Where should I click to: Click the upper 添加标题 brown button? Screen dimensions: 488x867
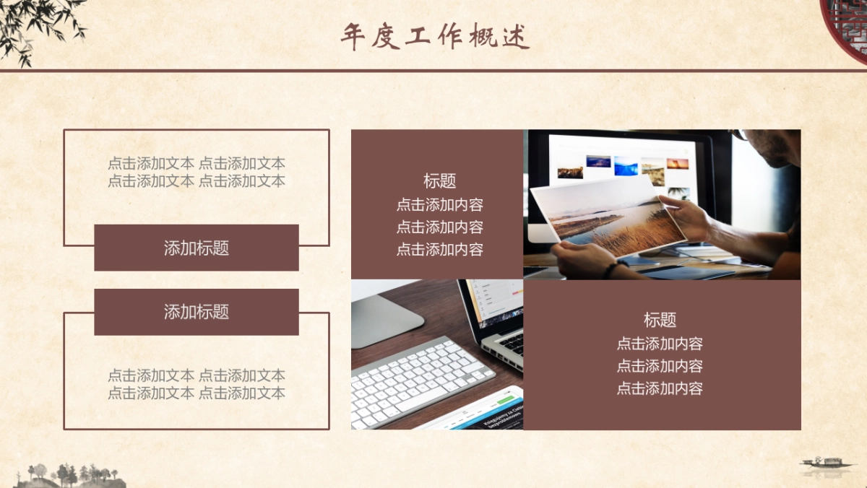click(197, 248)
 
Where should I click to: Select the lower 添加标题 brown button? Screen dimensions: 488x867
click(197, 312)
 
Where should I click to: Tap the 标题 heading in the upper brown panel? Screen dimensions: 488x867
click(439, 181)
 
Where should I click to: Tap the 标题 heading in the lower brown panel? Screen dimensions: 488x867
click(660, 320)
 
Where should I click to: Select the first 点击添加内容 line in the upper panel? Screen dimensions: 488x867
click(439, 204)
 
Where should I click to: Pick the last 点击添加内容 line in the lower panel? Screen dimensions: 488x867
click(660, 388)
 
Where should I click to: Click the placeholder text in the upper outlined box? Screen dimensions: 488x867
click(197, 172)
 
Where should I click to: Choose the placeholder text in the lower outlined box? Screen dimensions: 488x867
click(197, 384)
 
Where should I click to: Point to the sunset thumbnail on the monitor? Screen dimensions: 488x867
click(677, 164)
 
